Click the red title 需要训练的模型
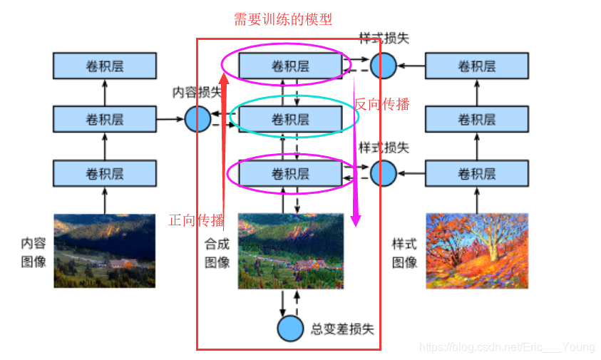(283, 19)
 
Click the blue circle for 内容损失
(197, 118)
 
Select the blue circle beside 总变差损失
(290, 328)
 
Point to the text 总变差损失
(342, 329)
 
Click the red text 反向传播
(383, 104)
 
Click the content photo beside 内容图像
(105, 250)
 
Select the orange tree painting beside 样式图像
(477, 250)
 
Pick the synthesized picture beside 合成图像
(290, 250)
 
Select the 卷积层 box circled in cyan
(290, 120)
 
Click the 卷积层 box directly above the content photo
(105, 173)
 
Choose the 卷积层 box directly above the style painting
(477, 173)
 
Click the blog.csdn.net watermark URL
(507, 347)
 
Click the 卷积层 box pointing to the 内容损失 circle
(105, 119)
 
